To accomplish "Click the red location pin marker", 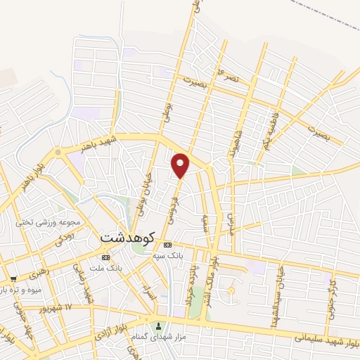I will coord(181,165).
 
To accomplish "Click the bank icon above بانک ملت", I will coord(105,257).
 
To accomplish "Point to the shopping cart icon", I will coord(13,279).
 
